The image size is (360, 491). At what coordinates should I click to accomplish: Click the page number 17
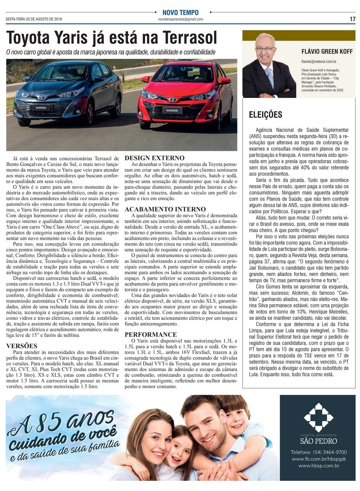tap(353, 19)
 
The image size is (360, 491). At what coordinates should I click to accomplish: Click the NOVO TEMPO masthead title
tap(180, 13)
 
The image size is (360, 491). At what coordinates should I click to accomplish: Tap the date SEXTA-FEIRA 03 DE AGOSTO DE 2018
tap(34, 19)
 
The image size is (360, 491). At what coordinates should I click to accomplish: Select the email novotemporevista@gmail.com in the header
tap(180, 19)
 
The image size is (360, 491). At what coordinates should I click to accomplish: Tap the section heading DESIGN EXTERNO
tap(154, 158)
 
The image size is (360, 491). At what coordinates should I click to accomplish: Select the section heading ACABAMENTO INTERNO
tap(165, 209)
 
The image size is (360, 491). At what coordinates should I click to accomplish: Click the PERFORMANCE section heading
tap(151, 334)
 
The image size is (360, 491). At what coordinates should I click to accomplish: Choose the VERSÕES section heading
tap(22, 346)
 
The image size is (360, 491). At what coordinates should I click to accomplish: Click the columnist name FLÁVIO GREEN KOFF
tap(327, 52)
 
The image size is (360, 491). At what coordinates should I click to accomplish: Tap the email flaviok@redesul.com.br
tap(319, 62)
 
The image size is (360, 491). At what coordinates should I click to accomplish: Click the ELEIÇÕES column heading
tap(265, 115)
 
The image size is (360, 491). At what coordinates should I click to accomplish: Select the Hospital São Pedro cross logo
tap(318, 417)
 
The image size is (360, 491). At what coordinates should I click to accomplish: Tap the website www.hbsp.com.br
tap(318, 466)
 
